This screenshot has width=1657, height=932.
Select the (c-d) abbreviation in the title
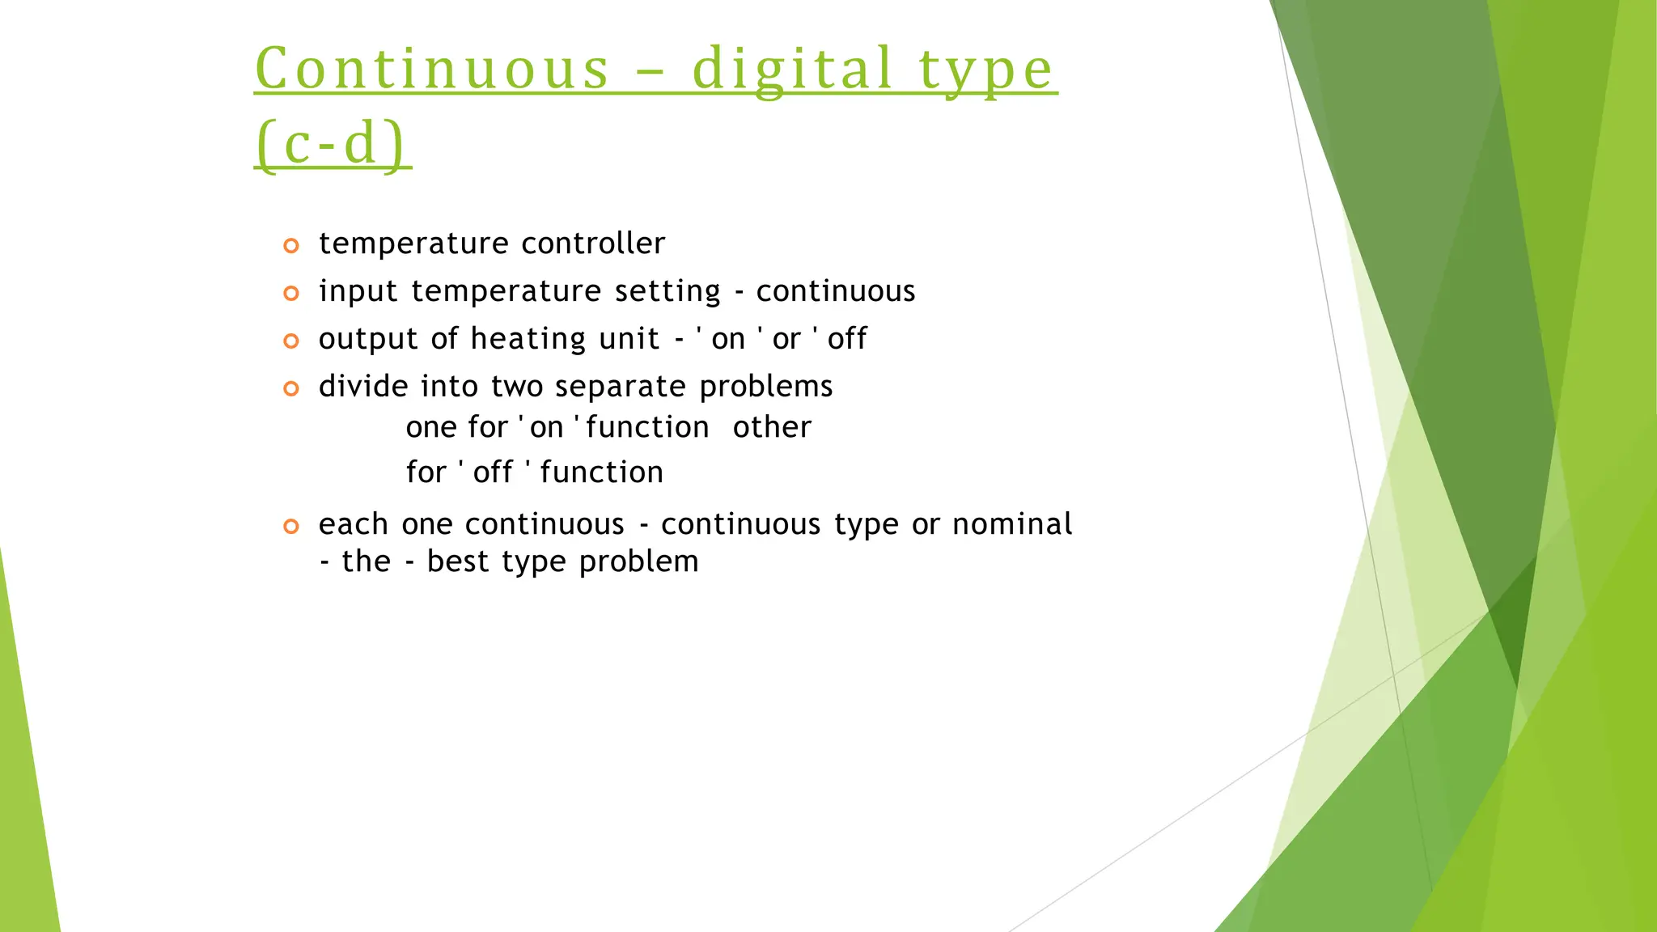(x=331, y=143)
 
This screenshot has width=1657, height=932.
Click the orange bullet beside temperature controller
(x=291, y=245)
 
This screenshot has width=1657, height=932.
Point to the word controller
(x=593, y=244)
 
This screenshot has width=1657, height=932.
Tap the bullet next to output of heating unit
(x=291, y=341)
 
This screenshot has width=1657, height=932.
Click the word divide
(x=363, y=387)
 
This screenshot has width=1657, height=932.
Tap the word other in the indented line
(x=772, y=427)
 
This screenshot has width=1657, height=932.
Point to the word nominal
(x=1012, y=524)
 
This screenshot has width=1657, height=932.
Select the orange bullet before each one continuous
(x=291, y=527)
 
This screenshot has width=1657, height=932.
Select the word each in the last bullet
(x=353, y=524)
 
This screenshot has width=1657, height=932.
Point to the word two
(x=517, y=387)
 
